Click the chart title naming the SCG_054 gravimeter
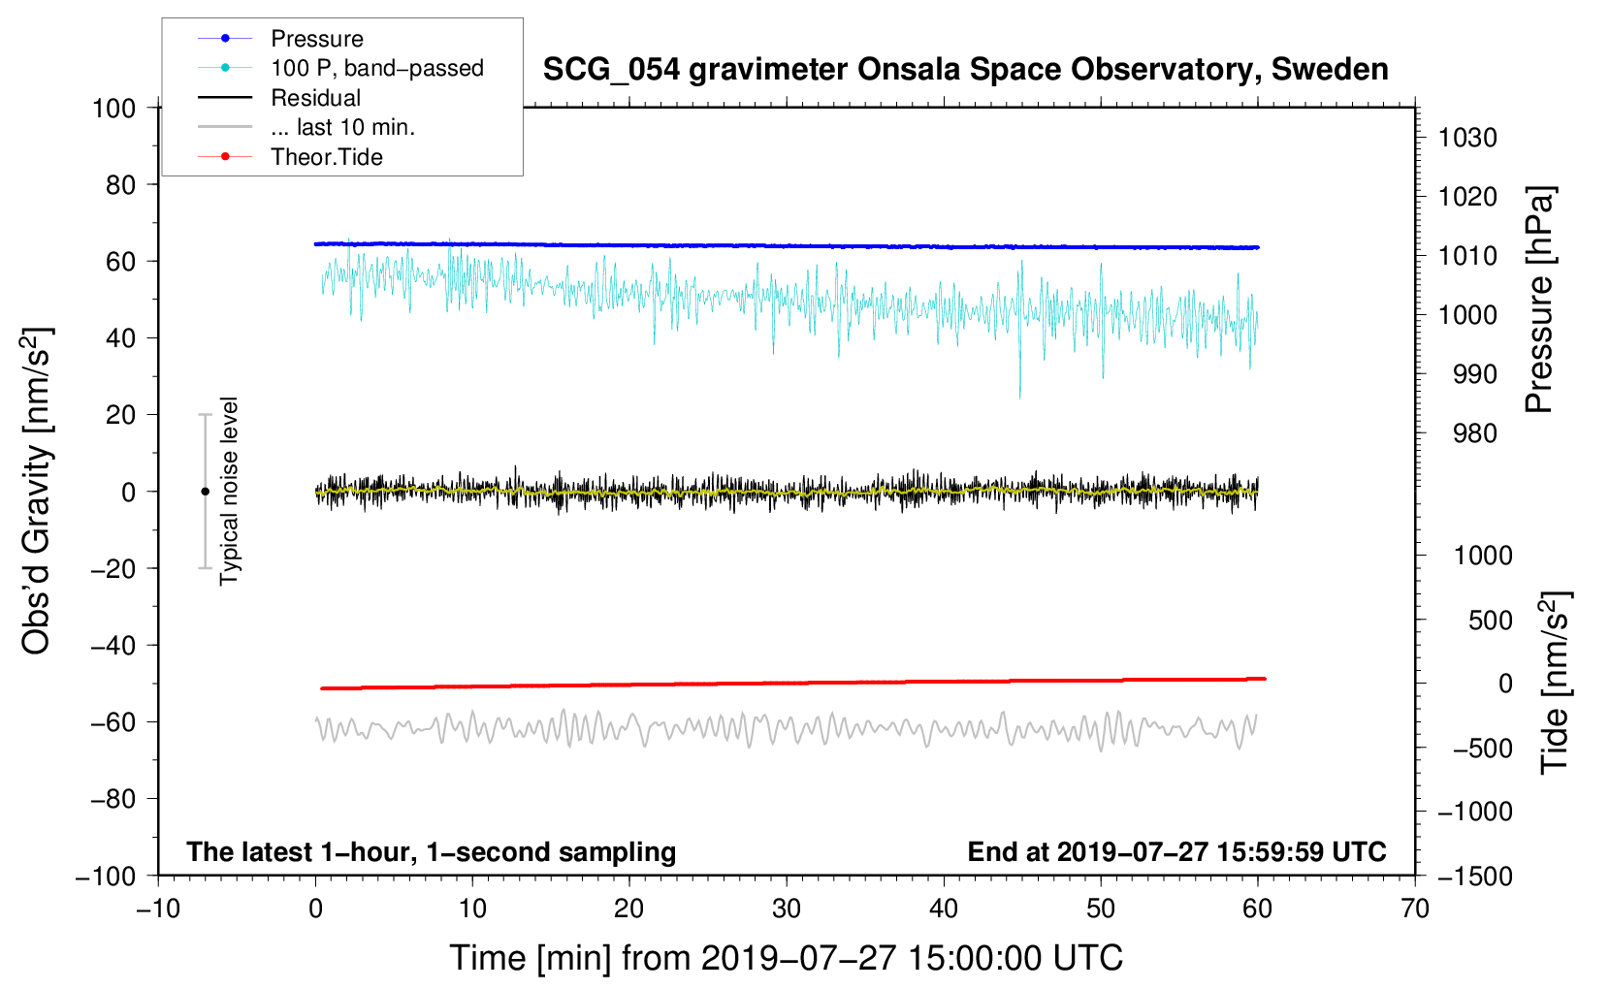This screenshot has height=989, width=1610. pyautogui.click(x=965, y=70)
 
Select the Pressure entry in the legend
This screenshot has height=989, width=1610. pyautogui.click(x=316, y=39)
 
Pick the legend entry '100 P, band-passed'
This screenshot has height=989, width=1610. pyautogui.click(x=376, y=69)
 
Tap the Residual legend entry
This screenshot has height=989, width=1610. pyautogui.click(x=315, y=98)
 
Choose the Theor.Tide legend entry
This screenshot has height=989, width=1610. pyautogui.click(x=326, y=157)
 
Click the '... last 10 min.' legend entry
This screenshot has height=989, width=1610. pyautogui.click(x=342, y=128)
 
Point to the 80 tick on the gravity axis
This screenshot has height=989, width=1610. pyautogui.click(x=120, y=184)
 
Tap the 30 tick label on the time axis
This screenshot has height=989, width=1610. pyautogui.click(x=787, y=909)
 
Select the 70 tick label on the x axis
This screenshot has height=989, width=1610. pyautogui.click(x=1415, y=909)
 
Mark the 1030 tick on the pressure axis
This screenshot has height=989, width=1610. pyautogui.click(x=1467, y=138)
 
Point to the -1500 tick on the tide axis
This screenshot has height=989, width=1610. pyautogui.click(x=1475, y=876)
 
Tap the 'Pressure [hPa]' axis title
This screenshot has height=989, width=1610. pyautogui.click(x=1539, y=300)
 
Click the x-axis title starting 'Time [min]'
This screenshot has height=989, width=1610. pyautogui.click(x=786, y=958)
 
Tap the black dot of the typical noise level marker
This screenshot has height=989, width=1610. pyautogui.click(x=205, y=492)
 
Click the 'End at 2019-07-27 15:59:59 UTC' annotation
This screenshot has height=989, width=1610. pyautogui.click(x=1176, y=852)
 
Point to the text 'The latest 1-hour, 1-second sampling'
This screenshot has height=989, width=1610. pyautogui.click(x=432, y=852)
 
